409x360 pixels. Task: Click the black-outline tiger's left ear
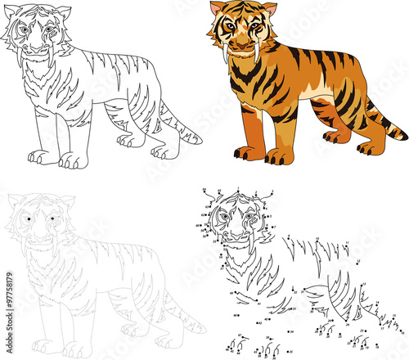[11, 11]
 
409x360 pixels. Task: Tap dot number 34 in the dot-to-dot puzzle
[291, 332]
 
